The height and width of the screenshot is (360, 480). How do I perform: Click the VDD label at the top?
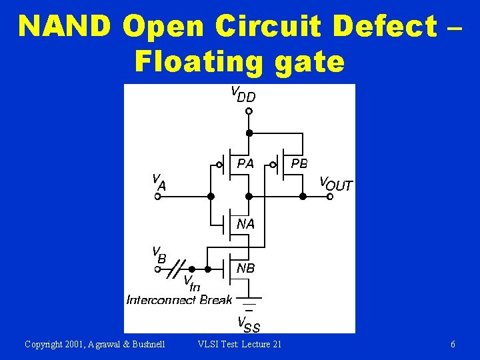pos(243,94)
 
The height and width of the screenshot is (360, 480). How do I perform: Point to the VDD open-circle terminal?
pos(248,111)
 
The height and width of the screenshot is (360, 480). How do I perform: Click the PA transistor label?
pos(245,163)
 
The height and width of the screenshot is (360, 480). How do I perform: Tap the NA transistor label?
pos(245,224)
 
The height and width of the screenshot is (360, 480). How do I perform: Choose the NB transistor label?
pos(245,268)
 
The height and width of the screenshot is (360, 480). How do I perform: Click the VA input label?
pos(159,182)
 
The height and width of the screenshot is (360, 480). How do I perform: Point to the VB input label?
pos(159,255)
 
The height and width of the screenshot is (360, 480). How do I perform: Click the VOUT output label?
pos(336,183)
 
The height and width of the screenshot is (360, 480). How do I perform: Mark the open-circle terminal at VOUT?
pos(330,197)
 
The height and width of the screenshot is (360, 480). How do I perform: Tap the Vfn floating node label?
pos(191,283)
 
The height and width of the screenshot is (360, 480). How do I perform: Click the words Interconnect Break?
pos(179,300)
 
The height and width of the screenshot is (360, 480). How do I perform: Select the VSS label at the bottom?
pos(249,325)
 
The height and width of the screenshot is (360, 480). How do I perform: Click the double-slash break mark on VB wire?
pos(178,269)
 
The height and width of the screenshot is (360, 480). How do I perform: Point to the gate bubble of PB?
pos(273,165)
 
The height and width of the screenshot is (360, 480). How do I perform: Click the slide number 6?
pos(453,344)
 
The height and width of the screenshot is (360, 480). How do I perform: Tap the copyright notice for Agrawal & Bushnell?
pos(95,344)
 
